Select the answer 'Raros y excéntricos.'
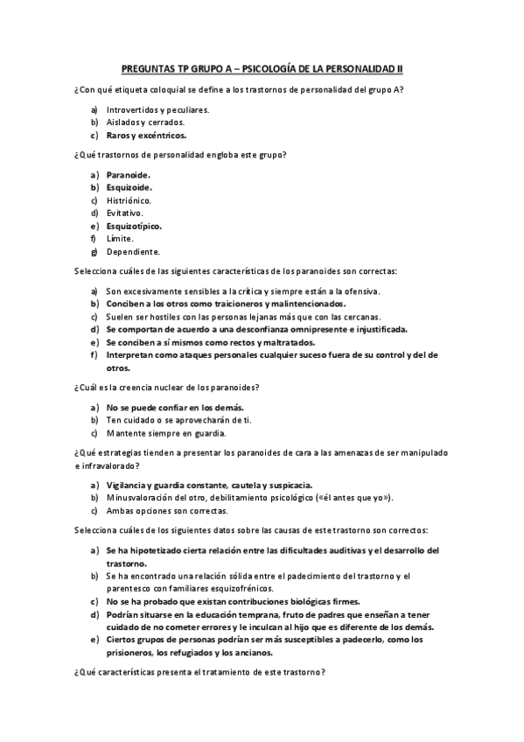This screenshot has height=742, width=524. pos(146,136)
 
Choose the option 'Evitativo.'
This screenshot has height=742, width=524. pos(125,213)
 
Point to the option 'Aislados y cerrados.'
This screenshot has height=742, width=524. pos(145,122)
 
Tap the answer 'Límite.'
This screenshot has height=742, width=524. pos(120,238)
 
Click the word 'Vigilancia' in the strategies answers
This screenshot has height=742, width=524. pos(126,484)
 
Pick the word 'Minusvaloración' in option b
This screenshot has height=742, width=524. pos(140,497)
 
